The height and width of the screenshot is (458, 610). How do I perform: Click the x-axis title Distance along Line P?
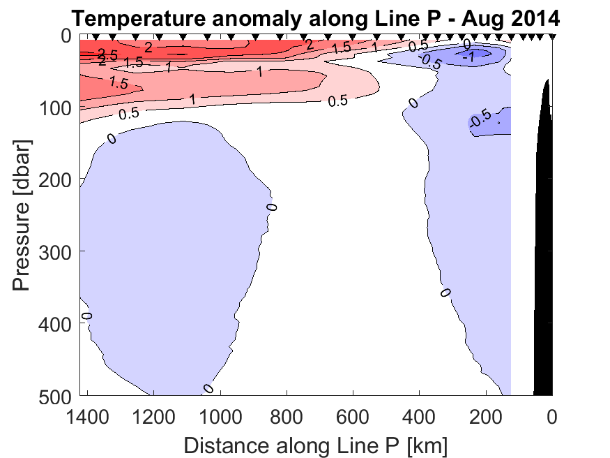click(x=315, y=444)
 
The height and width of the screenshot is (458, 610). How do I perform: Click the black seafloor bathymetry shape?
click(x=544, y=279)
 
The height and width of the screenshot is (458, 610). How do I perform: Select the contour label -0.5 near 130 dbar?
click(x=480, y=120)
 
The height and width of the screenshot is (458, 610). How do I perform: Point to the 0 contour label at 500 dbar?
click(x=207, y=389)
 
